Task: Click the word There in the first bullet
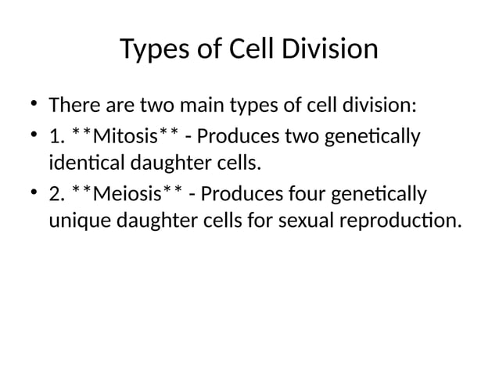72,105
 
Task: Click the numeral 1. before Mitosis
56,138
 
